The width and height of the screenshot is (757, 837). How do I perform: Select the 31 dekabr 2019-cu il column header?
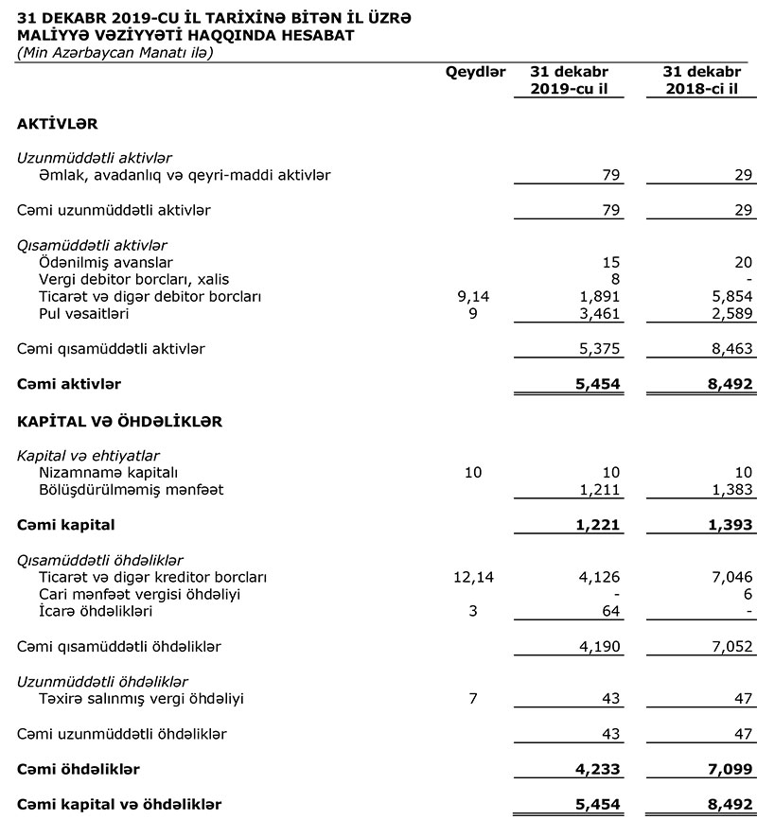[x=569, y=80]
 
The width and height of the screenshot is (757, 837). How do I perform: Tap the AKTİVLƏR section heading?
[x=58, y=124]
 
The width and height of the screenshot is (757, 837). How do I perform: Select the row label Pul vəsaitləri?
[x=84, y=313]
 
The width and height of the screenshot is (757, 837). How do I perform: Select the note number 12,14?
[x=474, y=576]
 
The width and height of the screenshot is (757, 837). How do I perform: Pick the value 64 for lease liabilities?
[x=611, y=611]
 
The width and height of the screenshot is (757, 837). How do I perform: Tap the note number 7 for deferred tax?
[x=474, y=699]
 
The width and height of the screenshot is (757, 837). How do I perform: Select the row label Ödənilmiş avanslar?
[x=106, y=262]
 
